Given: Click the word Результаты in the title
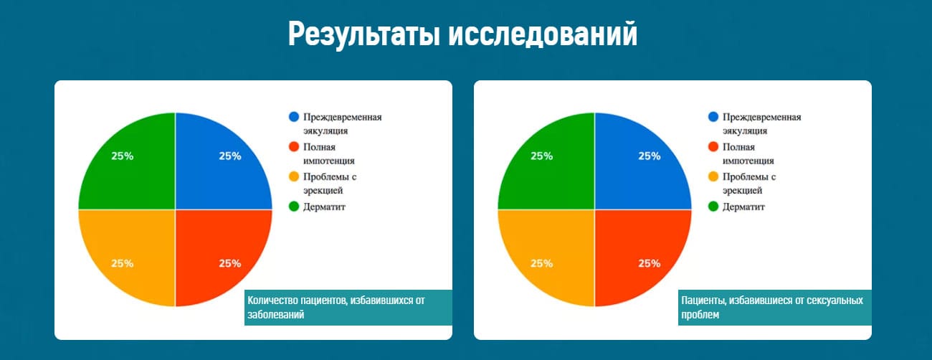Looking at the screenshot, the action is click(x=364, y=35).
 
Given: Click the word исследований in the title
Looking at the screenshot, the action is click(x=543, y=34).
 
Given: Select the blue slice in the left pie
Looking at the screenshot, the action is click(x=217, y=166).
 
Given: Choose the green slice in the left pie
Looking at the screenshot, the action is click(x=133, y=166).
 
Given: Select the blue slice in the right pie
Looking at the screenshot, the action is click(x=636, y=166).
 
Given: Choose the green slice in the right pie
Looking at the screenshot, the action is click(x=553, y=166).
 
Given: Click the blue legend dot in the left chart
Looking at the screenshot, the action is click(x=294, y=117).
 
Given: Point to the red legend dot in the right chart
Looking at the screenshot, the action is click(x=713, y=147).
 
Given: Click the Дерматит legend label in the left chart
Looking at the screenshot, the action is click(x=324, y=207).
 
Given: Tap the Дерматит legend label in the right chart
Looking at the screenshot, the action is click(x=743, y=207).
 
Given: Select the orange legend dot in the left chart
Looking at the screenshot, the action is click(x=294, y=176).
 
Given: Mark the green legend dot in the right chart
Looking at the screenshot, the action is click(x=713, y=207).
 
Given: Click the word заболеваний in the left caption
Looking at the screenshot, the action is click(x=276, y=315).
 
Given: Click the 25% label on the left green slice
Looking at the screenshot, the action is click(x=123, y=156).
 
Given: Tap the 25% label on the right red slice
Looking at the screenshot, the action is click(x=650, y=263).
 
